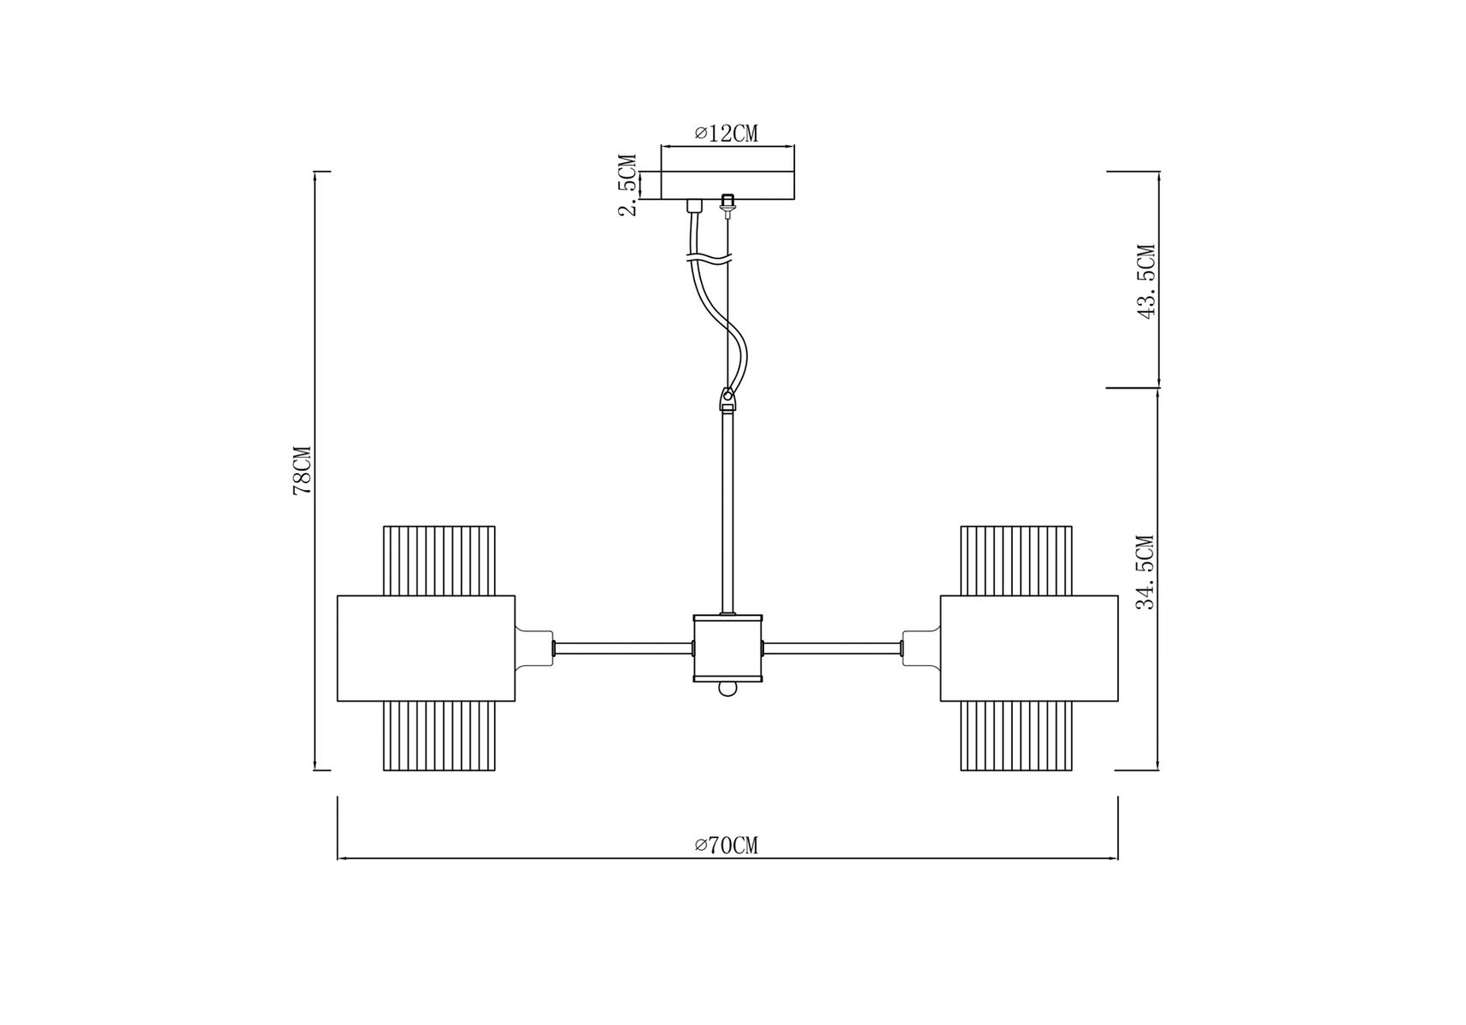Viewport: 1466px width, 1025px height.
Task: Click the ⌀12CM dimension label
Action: click(727, 133)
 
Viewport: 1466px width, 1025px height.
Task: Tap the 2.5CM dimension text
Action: click(628, 185)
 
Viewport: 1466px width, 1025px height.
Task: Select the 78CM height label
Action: click(302, 471)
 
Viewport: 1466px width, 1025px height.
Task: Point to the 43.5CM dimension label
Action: click(1145, 281)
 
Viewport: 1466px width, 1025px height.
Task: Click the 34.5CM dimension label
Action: click(1145, 572)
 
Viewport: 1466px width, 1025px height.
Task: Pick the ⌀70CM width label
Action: click(727, 846)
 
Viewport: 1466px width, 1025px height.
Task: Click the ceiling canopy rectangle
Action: click(727, 185)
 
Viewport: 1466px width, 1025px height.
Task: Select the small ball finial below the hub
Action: click(727, 688)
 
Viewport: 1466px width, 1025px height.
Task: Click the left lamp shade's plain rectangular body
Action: click(427, 648)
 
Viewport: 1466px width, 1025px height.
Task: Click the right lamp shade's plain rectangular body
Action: click(1029, 648)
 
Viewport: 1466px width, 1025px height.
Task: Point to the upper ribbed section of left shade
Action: click(439, 560)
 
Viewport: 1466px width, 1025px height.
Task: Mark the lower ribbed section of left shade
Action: click(439, 736)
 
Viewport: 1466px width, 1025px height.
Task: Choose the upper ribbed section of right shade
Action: click(1016, 560)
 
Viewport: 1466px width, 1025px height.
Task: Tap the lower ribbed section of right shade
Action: click(1016, 736)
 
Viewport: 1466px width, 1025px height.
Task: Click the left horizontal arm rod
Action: click(623, 648)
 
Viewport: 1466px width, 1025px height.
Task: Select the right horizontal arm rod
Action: click(833, 648)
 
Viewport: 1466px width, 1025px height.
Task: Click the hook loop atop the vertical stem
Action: click(727, 398)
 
